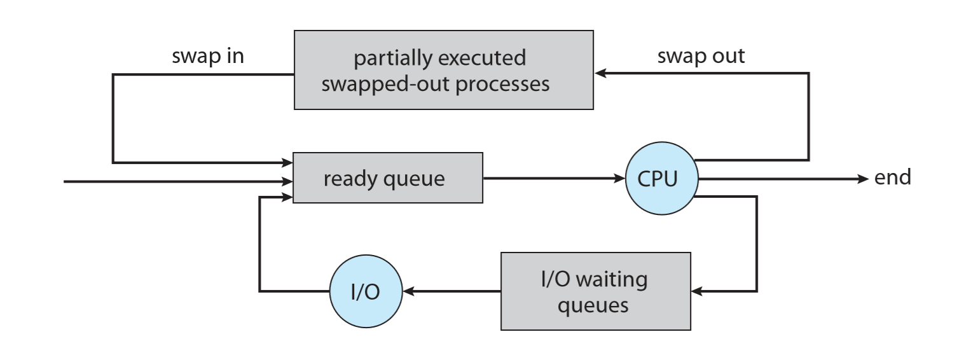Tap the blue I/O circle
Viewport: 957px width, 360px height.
point(366,292)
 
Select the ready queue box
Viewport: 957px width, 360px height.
point(387,178)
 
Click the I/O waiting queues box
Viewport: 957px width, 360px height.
point(595,291)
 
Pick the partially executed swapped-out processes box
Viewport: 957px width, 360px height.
point(444,70)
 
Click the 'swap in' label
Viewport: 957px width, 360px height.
point(208,56)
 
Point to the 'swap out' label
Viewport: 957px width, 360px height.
point(701,56)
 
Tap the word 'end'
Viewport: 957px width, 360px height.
point(893,177)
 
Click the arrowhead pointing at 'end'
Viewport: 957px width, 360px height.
point(862,179)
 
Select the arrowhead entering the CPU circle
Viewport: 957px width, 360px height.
point(620,179)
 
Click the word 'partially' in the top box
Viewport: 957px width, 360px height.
point(393,59)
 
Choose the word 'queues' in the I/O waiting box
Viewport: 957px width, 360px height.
point(593,305)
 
